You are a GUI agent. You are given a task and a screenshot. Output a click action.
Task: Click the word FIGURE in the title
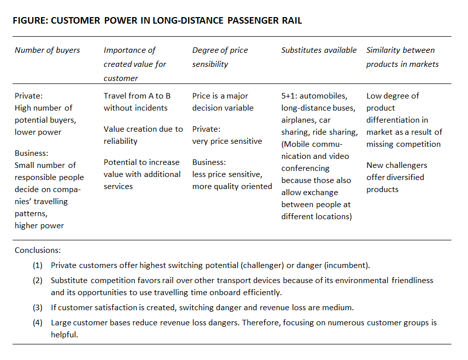(x=30, y=21)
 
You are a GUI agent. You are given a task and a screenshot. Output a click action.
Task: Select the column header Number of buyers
(x=47, y=50)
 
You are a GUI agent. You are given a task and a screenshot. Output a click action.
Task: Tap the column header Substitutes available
(x=319, y=50)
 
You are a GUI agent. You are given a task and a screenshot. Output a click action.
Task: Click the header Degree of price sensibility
(x=220, y=57)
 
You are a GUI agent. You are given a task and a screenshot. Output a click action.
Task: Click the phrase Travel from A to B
(x=137, y=96)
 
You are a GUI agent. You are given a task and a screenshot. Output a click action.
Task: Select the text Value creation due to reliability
(x=143, y=135)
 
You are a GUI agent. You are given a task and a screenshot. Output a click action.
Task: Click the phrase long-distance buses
(x=319, y=108)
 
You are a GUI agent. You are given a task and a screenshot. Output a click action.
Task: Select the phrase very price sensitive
(x=227, y=141)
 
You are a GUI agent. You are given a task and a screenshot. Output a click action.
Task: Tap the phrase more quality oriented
(x=232, y=187)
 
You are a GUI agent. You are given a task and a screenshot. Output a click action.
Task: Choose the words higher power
(x=39, y=226)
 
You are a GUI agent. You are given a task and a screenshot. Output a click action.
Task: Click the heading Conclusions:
(x=38, y=250)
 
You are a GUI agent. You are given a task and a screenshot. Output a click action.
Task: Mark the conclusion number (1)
(x=38, y=265)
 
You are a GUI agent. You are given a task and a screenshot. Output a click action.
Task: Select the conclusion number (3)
(x=38, y=308)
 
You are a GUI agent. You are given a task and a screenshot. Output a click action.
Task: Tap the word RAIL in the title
(x=291, y=21)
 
